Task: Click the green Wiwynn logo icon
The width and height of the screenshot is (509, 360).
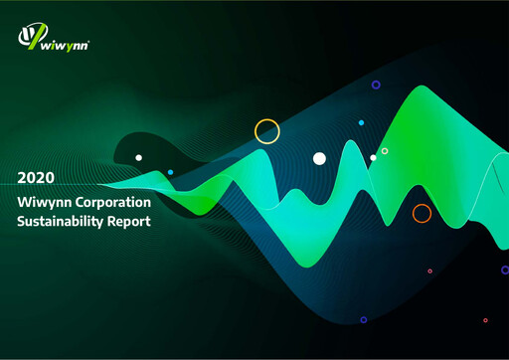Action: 29,37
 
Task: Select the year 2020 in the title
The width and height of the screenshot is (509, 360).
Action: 37,178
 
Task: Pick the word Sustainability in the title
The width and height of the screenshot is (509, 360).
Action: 61,222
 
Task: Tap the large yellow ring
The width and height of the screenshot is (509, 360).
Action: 267,131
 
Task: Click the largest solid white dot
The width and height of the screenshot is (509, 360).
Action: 319,158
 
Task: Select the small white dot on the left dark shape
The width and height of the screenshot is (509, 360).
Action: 138,157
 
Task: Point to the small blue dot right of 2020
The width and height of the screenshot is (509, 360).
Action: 170,172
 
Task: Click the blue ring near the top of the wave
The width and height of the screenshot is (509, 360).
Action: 376,85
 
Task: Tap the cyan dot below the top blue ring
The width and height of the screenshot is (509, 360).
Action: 361,122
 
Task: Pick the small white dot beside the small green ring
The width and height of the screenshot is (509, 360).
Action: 373,157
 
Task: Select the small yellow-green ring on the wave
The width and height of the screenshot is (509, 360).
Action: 385,151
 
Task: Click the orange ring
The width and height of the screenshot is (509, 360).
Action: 422,213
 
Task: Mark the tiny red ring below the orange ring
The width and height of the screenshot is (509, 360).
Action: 429,270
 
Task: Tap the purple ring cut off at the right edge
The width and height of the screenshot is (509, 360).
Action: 505,270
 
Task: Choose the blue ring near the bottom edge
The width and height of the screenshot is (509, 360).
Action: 363,319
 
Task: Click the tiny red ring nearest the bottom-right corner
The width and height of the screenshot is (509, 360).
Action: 485,320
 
